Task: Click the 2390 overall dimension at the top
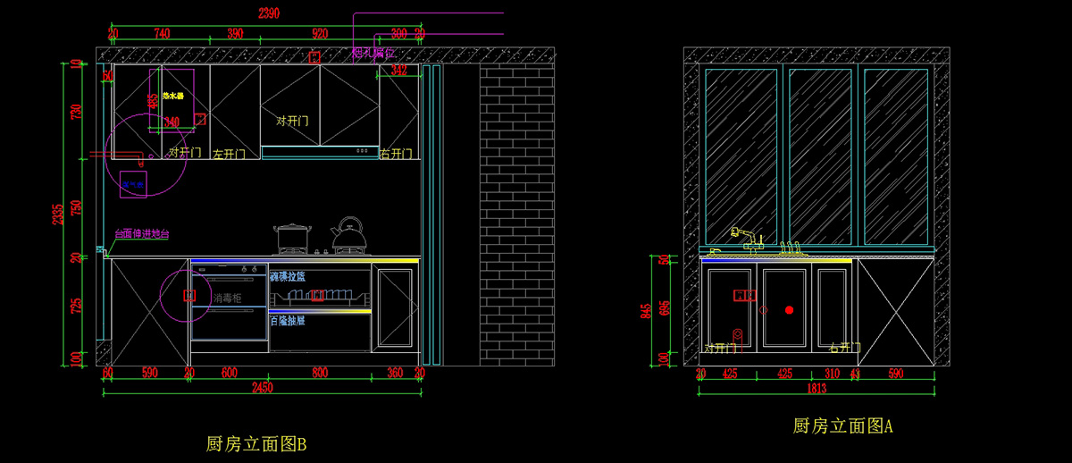[x=269, y=13]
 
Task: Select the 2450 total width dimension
[x=262, y=387]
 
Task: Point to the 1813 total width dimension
[x=817, y=388]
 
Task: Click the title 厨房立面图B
[x=256, y=443]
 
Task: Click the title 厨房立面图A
[x=842, y=426]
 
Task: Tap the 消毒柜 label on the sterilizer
[x=227, y=297]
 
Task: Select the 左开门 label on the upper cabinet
[x=230, y=154]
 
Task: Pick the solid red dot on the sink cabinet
[x=789, y=309]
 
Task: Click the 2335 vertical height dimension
[x=58, y=215]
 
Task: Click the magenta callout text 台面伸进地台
[x=141, y=234]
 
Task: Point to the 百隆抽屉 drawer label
[x=287, y=320]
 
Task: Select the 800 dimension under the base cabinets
[x=320, y=372]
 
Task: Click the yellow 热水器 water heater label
[x=172, y=96]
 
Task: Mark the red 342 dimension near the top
[x=399, y=70]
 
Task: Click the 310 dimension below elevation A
[x=831, y=373]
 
